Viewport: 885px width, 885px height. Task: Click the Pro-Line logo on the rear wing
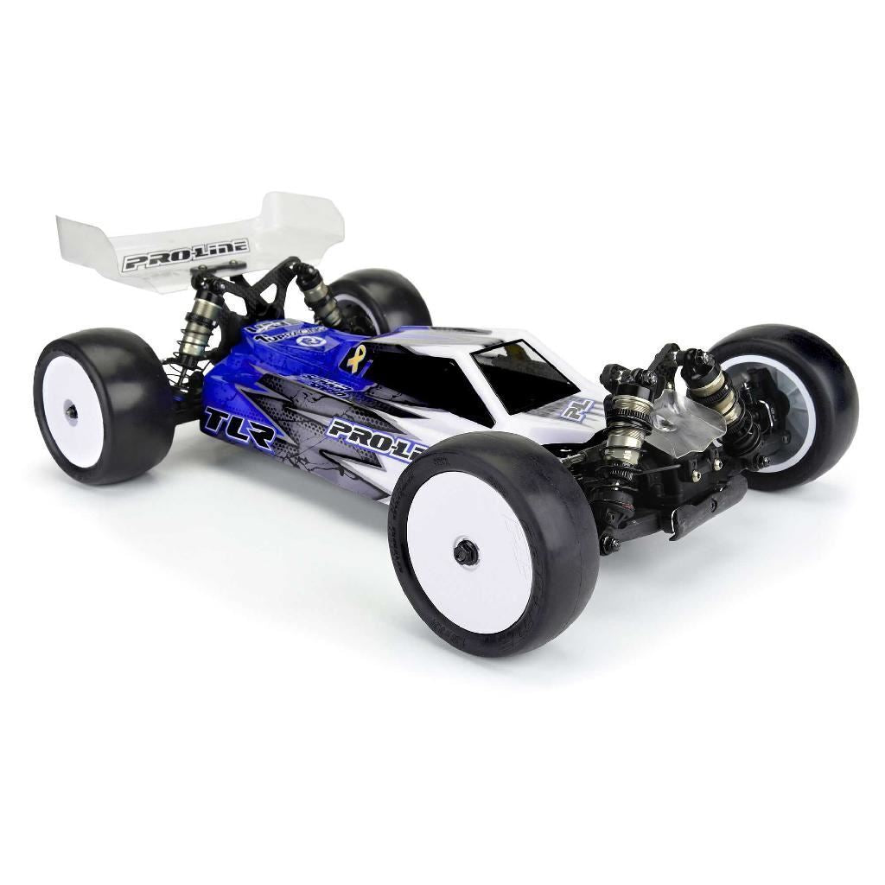click(185, 255)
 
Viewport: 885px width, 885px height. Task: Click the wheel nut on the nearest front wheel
click(467, 551)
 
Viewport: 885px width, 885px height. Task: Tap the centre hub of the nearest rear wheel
click(71, 412)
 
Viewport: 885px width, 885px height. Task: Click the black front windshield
click(524, 373)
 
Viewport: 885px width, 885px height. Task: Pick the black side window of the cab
click(423, 384)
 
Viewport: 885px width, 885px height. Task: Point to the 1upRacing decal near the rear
click(290, 329)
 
